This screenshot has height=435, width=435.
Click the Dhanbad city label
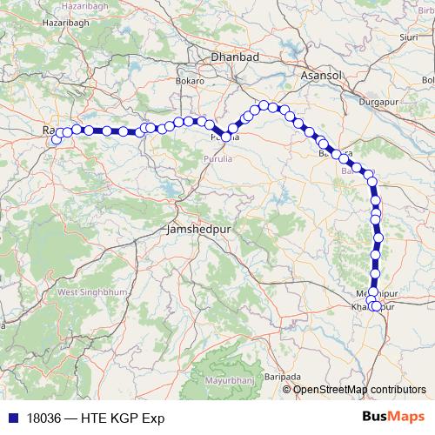click(x=235, y=57)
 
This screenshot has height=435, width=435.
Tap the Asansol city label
click(x=321, y=77)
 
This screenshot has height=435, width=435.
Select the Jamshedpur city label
click(x=196, y=232)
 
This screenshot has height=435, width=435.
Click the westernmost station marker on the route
click(x=57, y=139)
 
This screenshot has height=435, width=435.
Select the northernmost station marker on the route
click(x=263, y=105)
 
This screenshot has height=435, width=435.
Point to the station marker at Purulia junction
click(x=226, y=137)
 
